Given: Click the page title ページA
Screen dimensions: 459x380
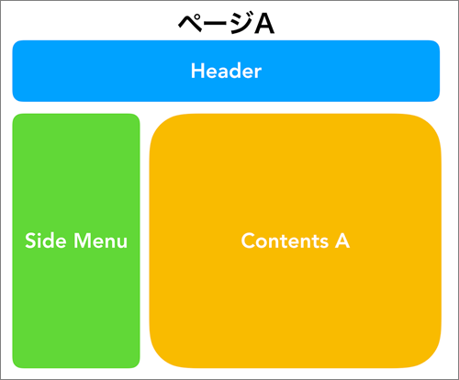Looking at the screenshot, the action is pyautogui.click(x=226, y=23).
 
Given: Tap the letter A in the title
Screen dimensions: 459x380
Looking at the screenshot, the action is pyautogui.click(x=264, y=24).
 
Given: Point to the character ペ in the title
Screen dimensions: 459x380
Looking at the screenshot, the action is pyautogui.click(x=190, y=24).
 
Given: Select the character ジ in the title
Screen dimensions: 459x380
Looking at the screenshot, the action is pyautogui.click(x=241, y=23).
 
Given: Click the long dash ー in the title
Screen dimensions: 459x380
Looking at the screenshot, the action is pyautogui.click(x=216, y=24).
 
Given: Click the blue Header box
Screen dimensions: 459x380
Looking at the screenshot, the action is pyautogui.click(x=226, y=71).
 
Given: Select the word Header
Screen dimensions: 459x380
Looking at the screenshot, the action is pyautogui.click(x=226, y=71).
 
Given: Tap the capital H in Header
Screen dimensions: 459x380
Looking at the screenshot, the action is pyautogui.click(x=198, y=71).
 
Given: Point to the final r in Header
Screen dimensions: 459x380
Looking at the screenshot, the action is pyautogui.click(x=257, y=73).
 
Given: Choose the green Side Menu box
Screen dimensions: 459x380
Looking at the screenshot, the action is pyautogui.click(x=76, y=240).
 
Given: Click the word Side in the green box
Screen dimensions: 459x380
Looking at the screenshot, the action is pyautogui.click(x=46, y=240).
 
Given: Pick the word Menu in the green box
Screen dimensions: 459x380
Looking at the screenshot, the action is pyautogui.click(x=100, y=240).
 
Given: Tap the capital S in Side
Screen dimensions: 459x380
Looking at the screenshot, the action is pyautogui.click(x=31, y=240).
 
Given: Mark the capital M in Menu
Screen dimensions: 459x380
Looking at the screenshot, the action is pyautogui.click(x=82, y=240).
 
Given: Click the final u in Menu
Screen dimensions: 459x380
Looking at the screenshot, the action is pyautogui.click(x=121, y=243).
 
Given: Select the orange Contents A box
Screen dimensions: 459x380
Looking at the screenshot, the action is pyautogui.click(x=296, y=240).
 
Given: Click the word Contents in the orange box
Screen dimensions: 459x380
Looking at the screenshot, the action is pyautogui.click(x=285, y=240).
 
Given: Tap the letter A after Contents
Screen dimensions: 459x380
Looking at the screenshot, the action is pyautogui.click(x=342, y=240).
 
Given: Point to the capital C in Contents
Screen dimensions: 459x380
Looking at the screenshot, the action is pyautogui.click(x=249, y=240).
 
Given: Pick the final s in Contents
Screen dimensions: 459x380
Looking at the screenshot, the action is pyautogui.click(x=324, y=243).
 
